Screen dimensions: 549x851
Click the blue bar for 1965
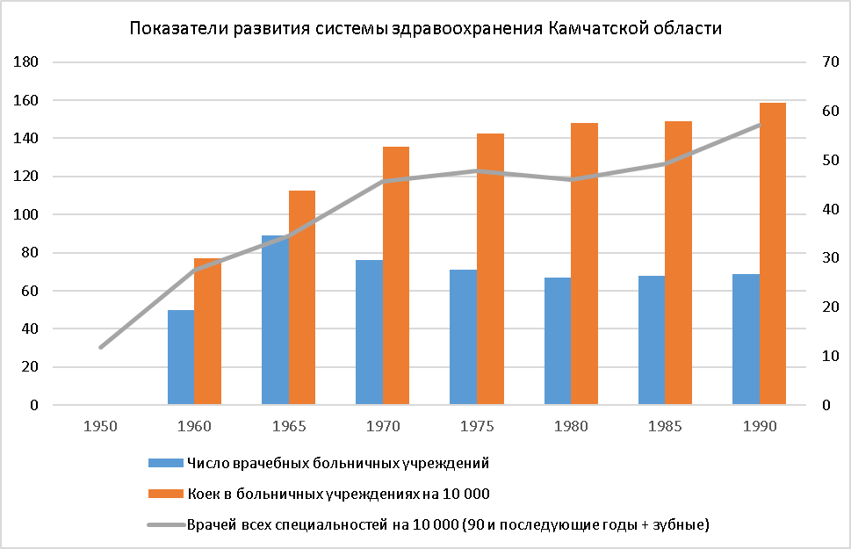pyautogui.click(x=276, y=321)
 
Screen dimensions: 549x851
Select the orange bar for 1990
pyautogui.click(x=773, y=255)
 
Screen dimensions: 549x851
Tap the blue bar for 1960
pyautogui.click(x=181, y=358)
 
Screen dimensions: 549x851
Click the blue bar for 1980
pyautogui.click(x=558, y=342)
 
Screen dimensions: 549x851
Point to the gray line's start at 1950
pyautogui.click(x=101, y=347)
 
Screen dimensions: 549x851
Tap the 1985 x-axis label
pyautogui.click(x=666, y=426)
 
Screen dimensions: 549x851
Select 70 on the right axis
pyautogui.click(x=829, y=62)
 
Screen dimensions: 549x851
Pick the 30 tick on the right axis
pyautogui.click(x=829, y=258)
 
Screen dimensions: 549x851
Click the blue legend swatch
pyautogui.click(x=165, y=462)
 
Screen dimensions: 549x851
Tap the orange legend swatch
pyautogui.click(x=165, y=494)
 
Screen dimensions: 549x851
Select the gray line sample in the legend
pyautogui.click(x=165, y=525)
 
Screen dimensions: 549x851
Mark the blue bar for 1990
pyautogui.click(x=746, y=340)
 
